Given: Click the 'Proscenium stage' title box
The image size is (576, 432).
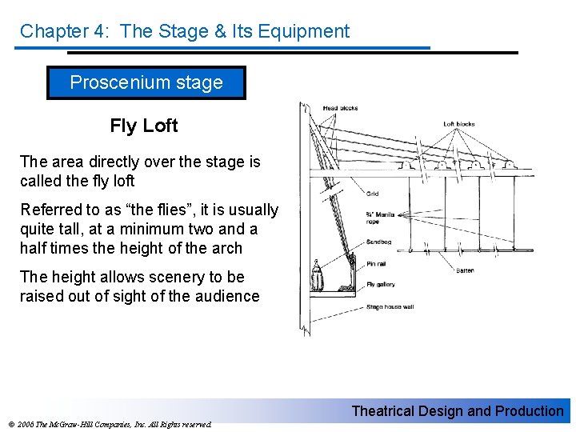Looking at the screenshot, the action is [146, 82].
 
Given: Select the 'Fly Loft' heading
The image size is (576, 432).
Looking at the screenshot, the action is [144, 126].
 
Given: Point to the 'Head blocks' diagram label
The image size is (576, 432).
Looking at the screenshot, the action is [341, 108].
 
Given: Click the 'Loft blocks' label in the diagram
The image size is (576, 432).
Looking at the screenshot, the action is [459, 124].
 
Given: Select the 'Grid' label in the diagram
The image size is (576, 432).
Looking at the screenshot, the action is [373, 194].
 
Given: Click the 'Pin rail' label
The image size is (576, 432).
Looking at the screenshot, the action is [376, 262].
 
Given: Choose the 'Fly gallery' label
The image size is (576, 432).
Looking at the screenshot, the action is [381, 284].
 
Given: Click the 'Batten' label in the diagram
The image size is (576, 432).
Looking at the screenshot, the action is [465, 270].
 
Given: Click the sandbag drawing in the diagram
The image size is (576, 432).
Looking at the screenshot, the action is [317, 276].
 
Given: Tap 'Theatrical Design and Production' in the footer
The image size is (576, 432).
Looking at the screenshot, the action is [458, 411].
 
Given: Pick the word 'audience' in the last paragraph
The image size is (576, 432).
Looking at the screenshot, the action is [229, 296].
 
